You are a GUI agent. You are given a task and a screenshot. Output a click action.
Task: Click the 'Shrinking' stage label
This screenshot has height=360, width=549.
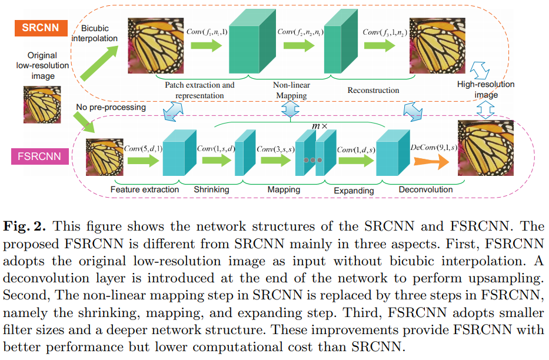point(211,190)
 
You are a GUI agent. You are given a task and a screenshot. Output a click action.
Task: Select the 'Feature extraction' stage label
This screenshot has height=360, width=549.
point(145,190)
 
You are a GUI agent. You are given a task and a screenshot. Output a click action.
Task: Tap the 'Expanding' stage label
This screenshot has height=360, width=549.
point(354,191)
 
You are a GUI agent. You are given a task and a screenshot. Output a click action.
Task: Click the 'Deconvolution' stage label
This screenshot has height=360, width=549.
point(425,189)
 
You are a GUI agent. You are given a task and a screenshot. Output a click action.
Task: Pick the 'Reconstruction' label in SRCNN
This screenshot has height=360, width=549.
point(373,91)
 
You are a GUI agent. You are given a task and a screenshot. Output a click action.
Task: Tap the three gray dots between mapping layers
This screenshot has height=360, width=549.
point(312,160)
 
